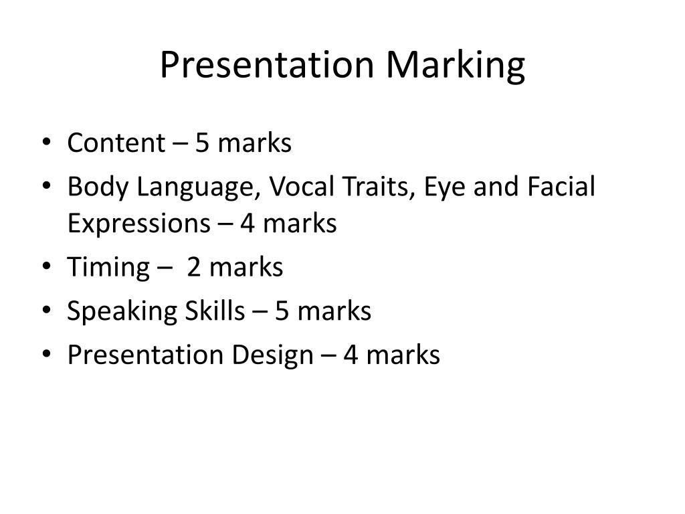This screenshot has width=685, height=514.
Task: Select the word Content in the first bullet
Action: click(115, 143)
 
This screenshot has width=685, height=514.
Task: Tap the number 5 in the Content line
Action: click(202, 143)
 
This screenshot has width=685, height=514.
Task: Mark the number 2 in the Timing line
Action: click(194, 268)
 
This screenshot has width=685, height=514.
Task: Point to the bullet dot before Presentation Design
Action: click(52, 355)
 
